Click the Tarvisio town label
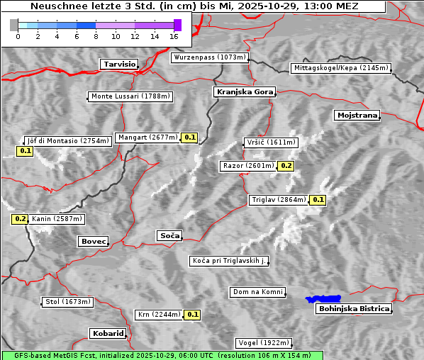pos(119,64)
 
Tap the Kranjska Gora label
pos(243,92)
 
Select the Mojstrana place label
pos(357,115)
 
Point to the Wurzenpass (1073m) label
pos(210,57)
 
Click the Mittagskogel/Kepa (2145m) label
pos(340,68)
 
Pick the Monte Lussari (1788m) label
pos(130,96)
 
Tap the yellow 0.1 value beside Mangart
pos(189,137)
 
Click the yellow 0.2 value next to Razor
pos(286,166)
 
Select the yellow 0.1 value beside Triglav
pos(318,200)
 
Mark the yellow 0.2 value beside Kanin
pos(20,219)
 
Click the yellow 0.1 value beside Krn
pos(192,314)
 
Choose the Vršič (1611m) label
pos(269,142)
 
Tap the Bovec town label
pos(93,242)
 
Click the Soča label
pos(169,235)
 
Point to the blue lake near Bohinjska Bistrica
pos(323,299)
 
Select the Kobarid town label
pos(108,333)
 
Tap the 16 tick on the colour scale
pos(174,36)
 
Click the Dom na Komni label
pos(258,292)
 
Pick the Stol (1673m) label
pos(67,302)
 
